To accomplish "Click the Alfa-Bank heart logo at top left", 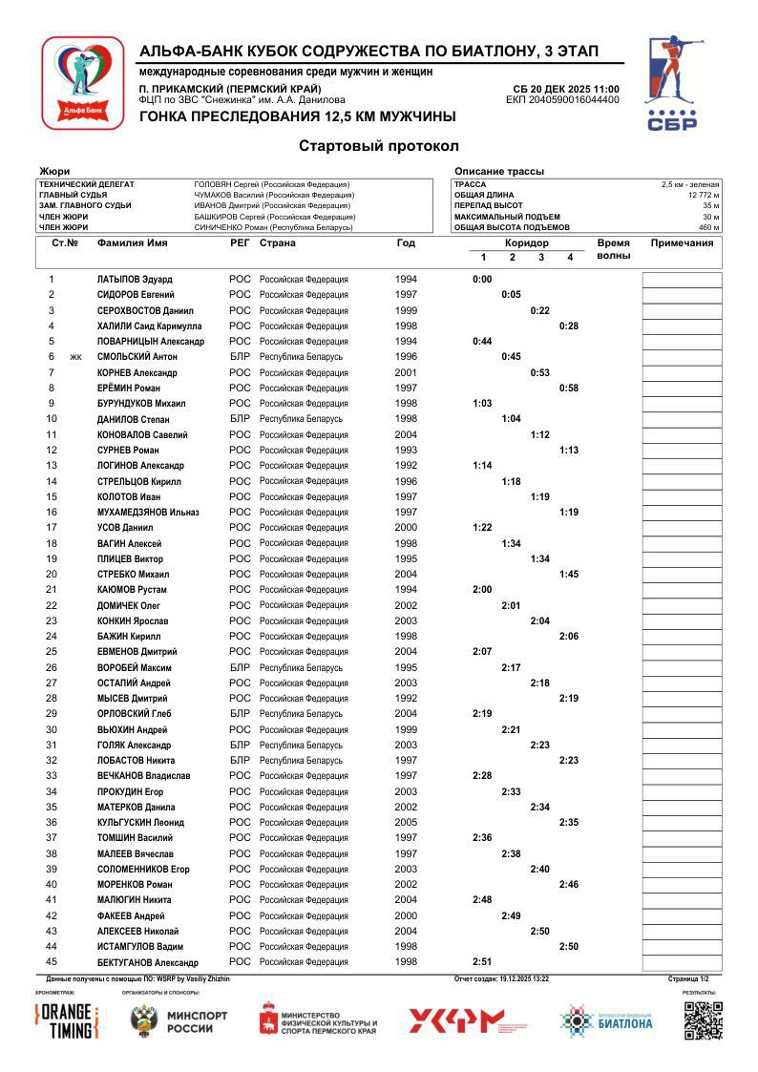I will point(82,82).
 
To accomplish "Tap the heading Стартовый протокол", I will point(379,146).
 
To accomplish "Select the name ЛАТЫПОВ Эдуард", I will point(135,280).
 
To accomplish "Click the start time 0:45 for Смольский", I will point(512,357).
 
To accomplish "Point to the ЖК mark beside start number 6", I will point(76,357).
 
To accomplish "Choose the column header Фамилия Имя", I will point(132,243).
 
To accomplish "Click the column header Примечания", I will point(682,243).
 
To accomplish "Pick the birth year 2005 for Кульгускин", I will point(406,822).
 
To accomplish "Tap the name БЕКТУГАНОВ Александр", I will point(147,962).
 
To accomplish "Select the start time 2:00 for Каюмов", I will point(482,590).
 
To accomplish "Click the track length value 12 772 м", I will point(704,195).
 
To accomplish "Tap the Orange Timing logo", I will point(67,1020).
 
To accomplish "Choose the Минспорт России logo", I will point(179,1021).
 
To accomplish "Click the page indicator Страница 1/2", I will point(688,978).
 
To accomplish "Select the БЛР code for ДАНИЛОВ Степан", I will point(240,419).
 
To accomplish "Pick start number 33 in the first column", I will point(52,776).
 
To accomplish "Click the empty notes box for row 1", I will point(682,280).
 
